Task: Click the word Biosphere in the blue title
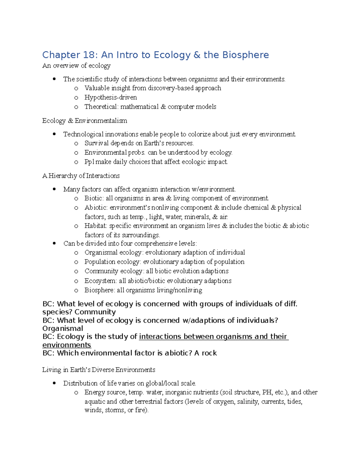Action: (x=245, y=55)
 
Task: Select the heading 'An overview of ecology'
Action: (x=76, y=65)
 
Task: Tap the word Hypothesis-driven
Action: (x=110, y=97)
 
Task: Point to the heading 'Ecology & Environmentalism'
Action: (x=85, y=121)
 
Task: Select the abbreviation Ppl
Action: (x=89, y=162)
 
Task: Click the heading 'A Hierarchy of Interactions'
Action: (x=81, y=176)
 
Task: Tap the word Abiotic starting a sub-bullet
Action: (x=96, y=207)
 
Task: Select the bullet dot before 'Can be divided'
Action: (x=54, y=243)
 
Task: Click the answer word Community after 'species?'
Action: (x=95, y=312)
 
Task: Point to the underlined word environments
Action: (x=67, y=345)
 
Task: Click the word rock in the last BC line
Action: (x=209, y=353)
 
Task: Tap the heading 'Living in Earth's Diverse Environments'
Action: (x=99, y=370)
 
